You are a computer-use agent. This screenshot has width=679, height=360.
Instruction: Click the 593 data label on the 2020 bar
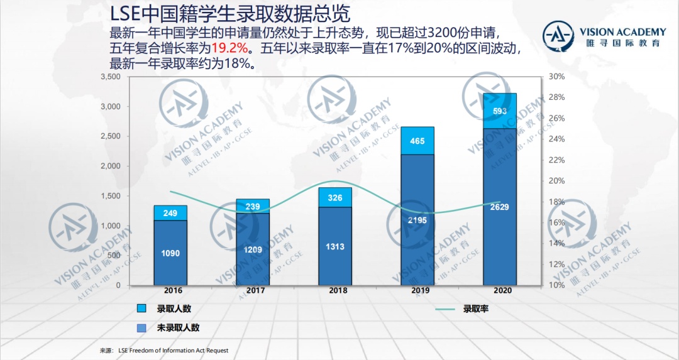tap(500, 111)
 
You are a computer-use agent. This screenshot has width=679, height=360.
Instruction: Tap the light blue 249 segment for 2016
tap(170, 214)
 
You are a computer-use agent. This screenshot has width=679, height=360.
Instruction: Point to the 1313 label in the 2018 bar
tap(335, 247)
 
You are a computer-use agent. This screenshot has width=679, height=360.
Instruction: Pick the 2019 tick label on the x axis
tap(417, 292)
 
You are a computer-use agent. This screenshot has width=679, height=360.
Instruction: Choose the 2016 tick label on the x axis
tap(170, 292)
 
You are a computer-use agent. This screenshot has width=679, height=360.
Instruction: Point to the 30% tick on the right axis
tap(557, 77)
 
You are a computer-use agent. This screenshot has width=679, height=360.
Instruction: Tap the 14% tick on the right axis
tap(557, 243)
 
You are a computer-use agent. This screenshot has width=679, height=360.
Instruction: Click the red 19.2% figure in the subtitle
tap(229, 48)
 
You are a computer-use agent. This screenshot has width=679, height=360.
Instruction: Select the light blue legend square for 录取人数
tap(142, 308)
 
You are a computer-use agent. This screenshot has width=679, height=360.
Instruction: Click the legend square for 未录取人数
tap(142, 327)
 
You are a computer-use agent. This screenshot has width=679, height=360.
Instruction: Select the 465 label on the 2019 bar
tap(417, 141)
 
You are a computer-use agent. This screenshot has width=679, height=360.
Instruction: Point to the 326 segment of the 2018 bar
tap(335, 198)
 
